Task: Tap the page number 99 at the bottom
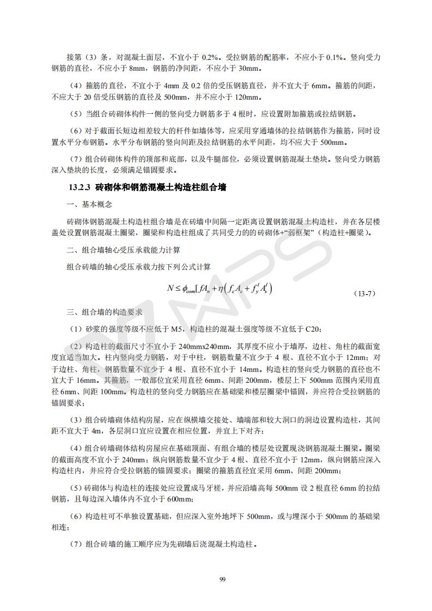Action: point(222,579)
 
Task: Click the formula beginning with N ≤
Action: point(220,289)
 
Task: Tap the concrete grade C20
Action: point(313,328)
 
